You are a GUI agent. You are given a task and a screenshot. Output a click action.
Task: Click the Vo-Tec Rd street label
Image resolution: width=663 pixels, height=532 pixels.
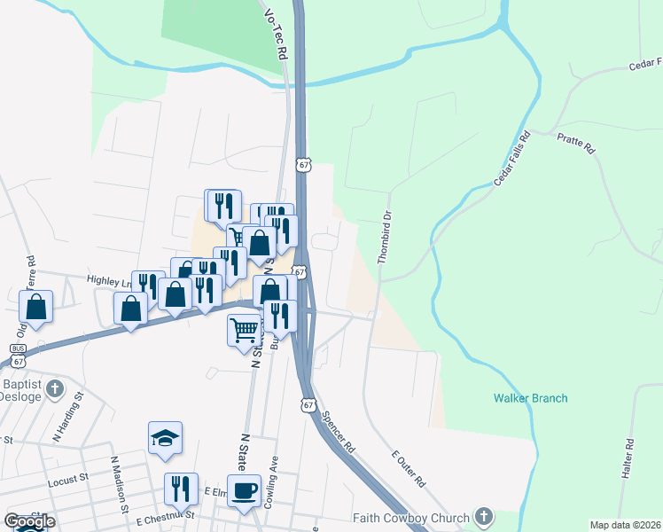[275, 35]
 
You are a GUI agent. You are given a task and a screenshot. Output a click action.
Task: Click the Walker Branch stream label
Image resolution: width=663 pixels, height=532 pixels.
[530, 398]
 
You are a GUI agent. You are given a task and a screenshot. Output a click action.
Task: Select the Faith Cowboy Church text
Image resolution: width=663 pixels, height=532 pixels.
[411, 518]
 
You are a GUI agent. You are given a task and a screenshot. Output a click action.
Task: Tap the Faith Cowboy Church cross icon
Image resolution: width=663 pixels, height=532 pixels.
[483, 515]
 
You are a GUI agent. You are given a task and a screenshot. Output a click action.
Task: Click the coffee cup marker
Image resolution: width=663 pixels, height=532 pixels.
[244, 489]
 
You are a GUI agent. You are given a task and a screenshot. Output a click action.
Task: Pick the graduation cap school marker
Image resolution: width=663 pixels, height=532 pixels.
[165, 437]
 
